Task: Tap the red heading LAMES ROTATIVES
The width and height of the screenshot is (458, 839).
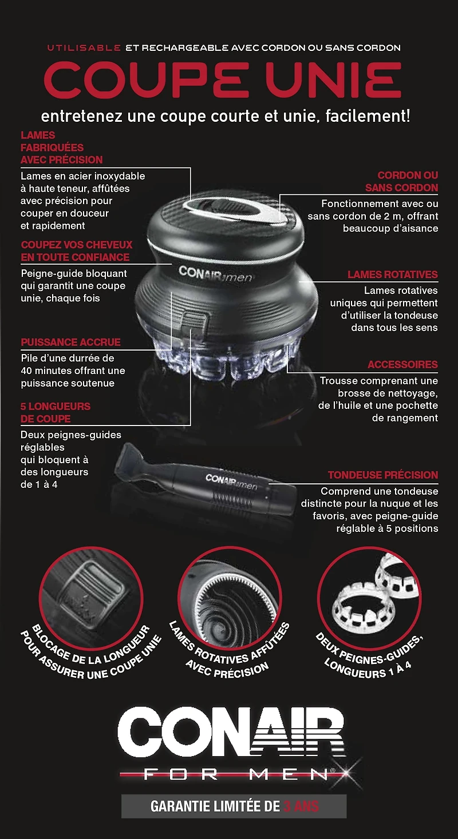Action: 392,275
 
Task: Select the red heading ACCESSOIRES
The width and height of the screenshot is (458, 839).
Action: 402,364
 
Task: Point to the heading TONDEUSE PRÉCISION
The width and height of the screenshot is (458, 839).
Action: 382,475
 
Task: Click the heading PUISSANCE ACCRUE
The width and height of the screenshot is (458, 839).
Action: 70,342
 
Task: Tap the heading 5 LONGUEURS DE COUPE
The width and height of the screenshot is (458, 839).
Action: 56,412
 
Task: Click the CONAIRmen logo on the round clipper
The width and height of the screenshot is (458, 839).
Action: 215,273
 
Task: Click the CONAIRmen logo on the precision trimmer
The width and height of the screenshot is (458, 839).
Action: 231,482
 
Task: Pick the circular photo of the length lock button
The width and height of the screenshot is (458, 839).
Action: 91,599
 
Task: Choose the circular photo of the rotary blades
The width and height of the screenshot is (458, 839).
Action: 230,599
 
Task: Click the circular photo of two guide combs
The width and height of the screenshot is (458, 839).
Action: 369,599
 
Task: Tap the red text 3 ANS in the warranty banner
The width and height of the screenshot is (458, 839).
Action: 301,806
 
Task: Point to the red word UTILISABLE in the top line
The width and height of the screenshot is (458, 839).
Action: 84,48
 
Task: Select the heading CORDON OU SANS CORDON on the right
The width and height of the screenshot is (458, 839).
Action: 402,181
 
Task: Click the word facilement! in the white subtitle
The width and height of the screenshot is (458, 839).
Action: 368,116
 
